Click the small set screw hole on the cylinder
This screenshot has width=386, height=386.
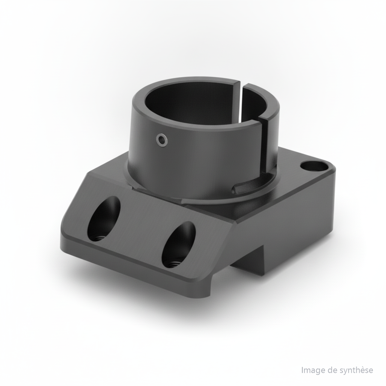coord(162,139)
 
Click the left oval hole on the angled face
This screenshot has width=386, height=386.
coord(104,219)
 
